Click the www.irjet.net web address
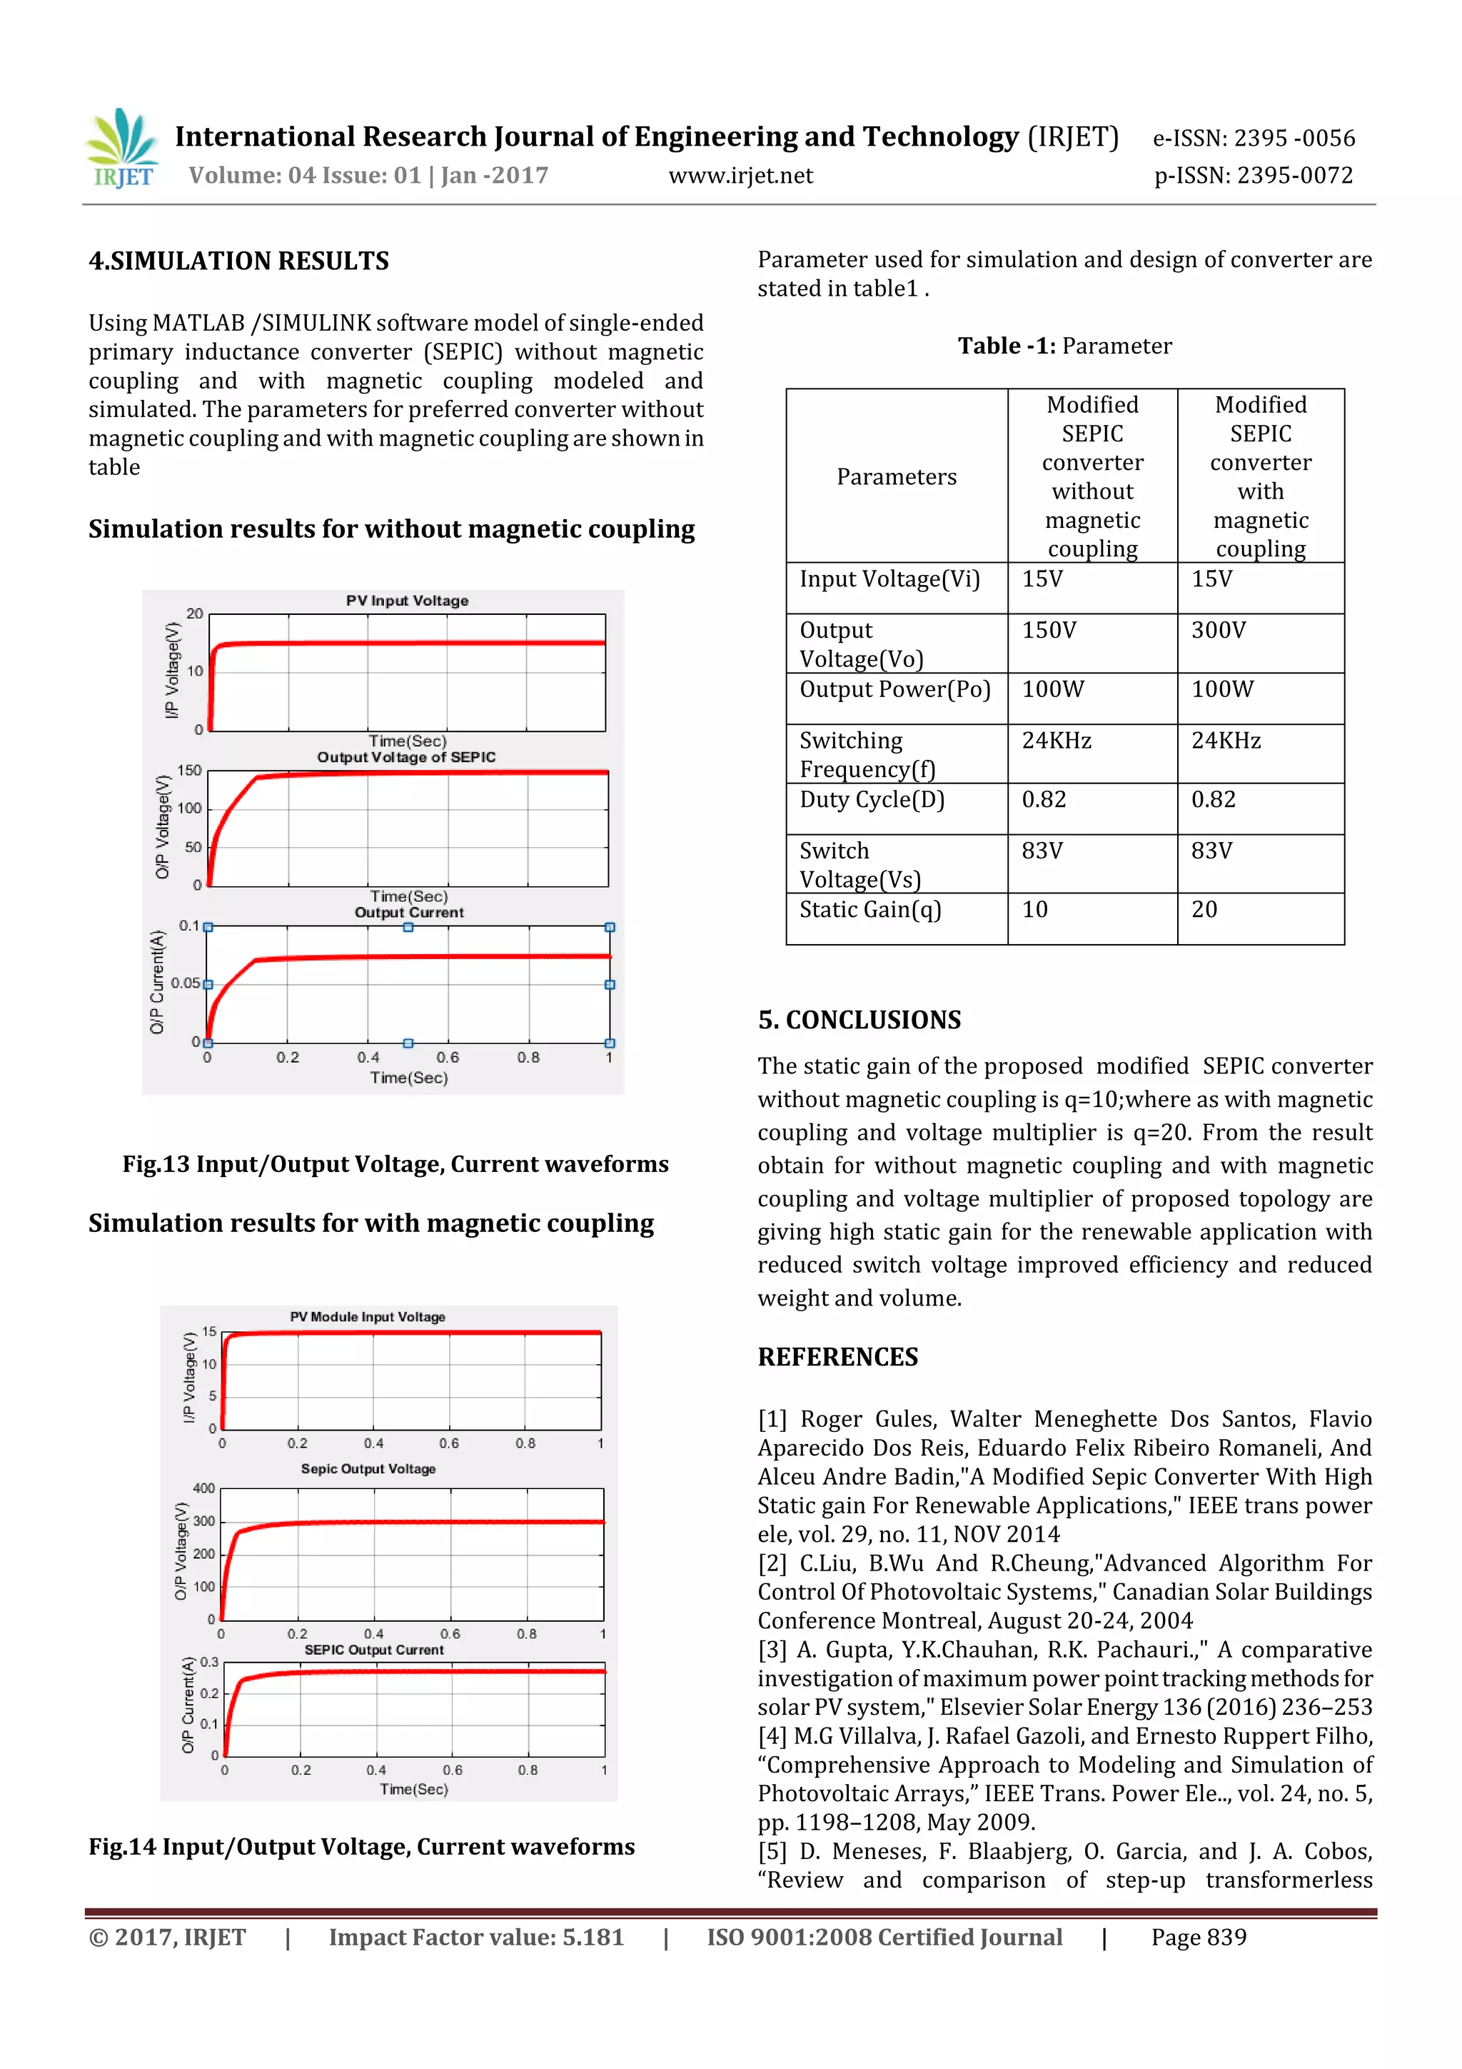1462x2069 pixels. pyautogui.click(x=740, y=176)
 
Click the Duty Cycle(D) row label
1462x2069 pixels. pyautogui.click(x=871, y=799)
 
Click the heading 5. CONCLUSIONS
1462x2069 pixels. pyautogui.click(x=859, y=1019)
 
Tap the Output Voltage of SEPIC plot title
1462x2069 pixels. pyautogui.click(x=406, y=757)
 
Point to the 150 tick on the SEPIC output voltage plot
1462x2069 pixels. pyautogui.click(x=189, y=771)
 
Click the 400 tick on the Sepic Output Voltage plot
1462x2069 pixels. pyautogui.click(x=203, y=1488)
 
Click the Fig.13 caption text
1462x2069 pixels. pyautogui.click(x=395, y=1163)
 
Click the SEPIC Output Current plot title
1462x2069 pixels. pyautogui.click(x=374, y=1650)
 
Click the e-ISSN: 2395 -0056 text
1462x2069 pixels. pyautogui.click(x=1253, y=138)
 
